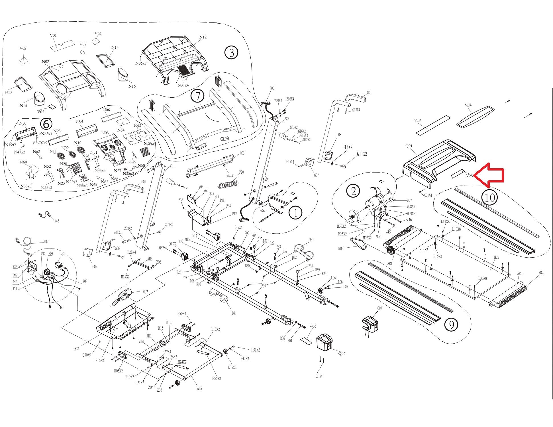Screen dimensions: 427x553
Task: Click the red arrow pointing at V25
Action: pyautogui.click(x=490, y=175)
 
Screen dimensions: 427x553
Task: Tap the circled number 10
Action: pyautogui.click(x=490, y=197)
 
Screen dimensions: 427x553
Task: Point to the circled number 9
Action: pyautogui.click(x=451, y=324)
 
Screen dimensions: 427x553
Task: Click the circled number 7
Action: pyautogui.click(x=197, y=96)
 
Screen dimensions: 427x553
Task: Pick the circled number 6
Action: pyautogui.click(x=46, y=124)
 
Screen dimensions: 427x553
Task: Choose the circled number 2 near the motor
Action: pyautogui.click(x=353, y=191)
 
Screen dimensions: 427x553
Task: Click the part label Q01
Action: pyautogui.click(x=409, y=146)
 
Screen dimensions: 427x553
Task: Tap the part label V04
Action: pyautogui.click(x=468, y=105)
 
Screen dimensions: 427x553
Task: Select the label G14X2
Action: pyautogui.click(x=348, y=147)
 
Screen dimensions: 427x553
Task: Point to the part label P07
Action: pyautogui.click(x=46, y=242)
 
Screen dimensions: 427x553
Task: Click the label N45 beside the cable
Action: pyautogui.click(x=56, y=221)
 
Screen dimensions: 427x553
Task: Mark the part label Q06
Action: pyautogui.click(x=342, y=353)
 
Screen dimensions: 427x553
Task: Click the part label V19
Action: pyautogui.click(x=417, y=120)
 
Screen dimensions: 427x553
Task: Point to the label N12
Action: pyautogui.click(x=203, y=37)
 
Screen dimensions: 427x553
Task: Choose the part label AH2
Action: pyautogui.click(x=199, y=388)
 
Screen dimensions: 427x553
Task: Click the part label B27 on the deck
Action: pyautogui.click(x=497, y=257)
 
